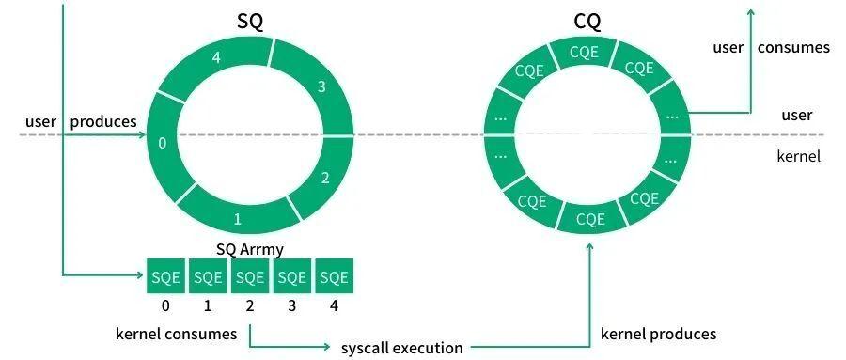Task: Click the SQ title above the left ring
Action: [x=250, y=22]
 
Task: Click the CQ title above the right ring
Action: [x=587, y=22]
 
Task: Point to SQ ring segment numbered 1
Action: [x=238, y=216]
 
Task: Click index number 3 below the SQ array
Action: [x=292, y=306]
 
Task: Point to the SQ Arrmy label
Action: [x=250, y=250]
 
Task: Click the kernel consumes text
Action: [x=177, y=334]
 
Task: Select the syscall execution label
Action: [x=401, y=348]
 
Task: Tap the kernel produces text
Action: [x=658, y=334]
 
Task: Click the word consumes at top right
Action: [x=793, y=48]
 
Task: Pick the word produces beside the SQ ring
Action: [x=103, y=122]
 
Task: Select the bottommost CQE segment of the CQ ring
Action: [x=590, y=219]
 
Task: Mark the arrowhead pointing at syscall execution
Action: [x=326, y=347]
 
